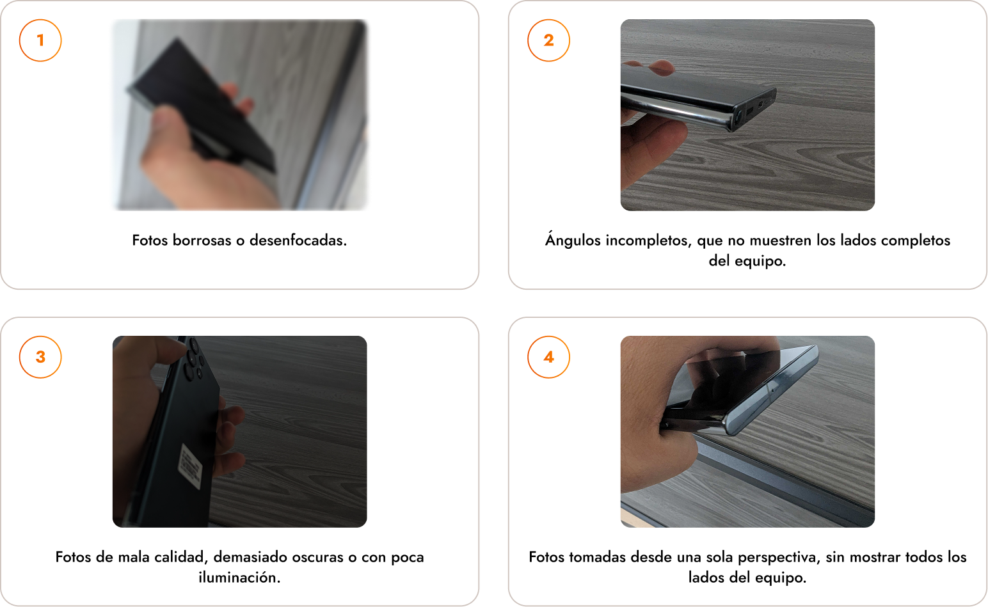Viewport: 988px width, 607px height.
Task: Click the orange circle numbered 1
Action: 40,40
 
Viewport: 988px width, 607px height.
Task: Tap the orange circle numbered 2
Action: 548,40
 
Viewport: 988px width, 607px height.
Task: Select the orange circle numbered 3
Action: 40,357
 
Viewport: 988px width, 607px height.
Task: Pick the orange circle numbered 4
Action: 548,357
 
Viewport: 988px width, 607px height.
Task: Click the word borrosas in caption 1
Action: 202,240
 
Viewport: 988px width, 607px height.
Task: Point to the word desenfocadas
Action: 298,240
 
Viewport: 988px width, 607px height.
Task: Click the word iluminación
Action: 239,578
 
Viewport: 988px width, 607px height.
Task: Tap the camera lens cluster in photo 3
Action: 193,358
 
